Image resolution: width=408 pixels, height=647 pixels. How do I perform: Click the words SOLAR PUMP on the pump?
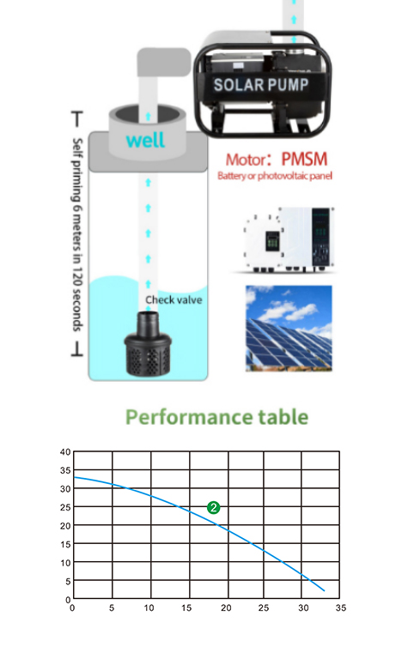click(x=260, y=85)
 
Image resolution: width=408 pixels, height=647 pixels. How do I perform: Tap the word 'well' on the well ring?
click(x=145, y=140)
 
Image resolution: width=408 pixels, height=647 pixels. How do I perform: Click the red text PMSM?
click(x=304, y=160)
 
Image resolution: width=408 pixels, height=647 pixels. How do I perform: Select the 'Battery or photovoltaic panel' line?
click(x=275, y=176)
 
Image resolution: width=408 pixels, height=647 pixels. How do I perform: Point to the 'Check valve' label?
click(x=174, y=300)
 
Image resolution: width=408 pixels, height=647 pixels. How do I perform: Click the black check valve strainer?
click(x=148, y=344)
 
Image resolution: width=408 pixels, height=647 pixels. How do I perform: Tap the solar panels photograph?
click(x=289, y=329)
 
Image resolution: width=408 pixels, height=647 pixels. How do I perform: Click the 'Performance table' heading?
click(x=216, y=417)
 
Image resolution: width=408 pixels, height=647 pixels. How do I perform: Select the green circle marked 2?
click(x=214, y=507)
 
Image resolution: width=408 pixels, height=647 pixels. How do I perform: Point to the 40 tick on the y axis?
click(x=65, y=452)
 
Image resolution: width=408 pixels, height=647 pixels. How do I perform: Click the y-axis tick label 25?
click(x=65, y=507)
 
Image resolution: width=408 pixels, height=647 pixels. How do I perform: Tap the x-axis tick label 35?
click(x=341, y=608)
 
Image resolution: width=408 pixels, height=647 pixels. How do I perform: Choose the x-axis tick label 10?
click(x=149, y=608)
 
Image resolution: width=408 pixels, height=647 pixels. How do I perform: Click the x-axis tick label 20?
click(x=226, y=608)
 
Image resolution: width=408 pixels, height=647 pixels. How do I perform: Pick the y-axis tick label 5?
click(x=68, y=581)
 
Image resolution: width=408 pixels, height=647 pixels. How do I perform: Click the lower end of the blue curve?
click(x=324, y=590)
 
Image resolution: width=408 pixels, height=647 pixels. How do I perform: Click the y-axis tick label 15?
click(x=65, y=544)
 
